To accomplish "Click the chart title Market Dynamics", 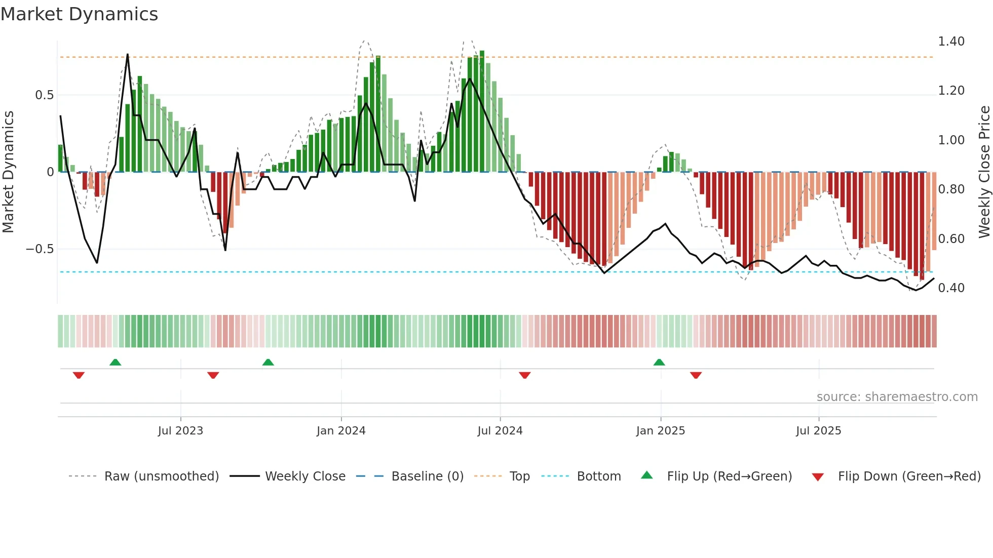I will (80, 14).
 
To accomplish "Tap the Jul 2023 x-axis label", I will (180, 431).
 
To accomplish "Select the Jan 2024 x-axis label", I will (341, 431).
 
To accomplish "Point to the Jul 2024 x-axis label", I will (500, 431).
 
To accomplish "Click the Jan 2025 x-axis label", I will (661, 431).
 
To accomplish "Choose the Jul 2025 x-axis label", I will (819, 431).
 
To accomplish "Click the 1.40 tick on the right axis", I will (951, 42).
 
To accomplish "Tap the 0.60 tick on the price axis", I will (951, 238).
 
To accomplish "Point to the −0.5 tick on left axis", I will (40, 249).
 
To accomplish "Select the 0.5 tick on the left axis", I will (44, 95).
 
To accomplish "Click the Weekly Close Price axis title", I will (984, 172).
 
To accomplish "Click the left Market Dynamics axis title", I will (8, 172).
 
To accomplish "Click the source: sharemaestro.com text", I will (897, 397).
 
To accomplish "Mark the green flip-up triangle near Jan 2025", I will (659, 362).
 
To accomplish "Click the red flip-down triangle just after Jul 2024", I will (525, 375).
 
